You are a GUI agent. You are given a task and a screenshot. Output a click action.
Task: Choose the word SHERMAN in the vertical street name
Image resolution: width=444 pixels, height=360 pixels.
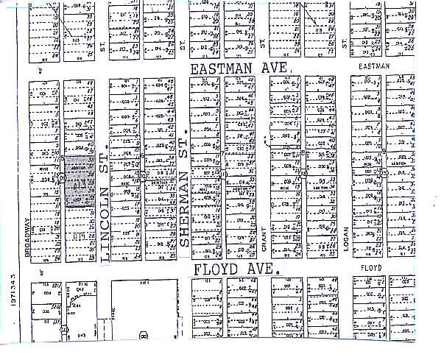click(183, 205)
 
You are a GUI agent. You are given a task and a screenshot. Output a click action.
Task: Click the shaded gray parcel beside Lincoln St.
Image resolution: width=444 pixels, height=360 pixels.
click(78, 180)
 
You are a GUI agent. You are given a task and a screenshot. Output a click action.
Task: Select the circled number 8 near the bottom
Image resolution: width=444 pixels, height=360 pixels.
click(144, 336)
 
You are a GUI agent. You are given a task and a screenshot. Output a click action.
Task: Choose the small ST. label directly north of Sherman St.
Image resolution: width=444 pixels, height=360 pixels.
click(182, 46)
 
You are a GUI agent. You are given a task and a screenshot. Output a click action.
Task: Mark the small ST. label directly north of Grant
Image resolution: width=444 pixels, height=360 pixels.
click(262, 46)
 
